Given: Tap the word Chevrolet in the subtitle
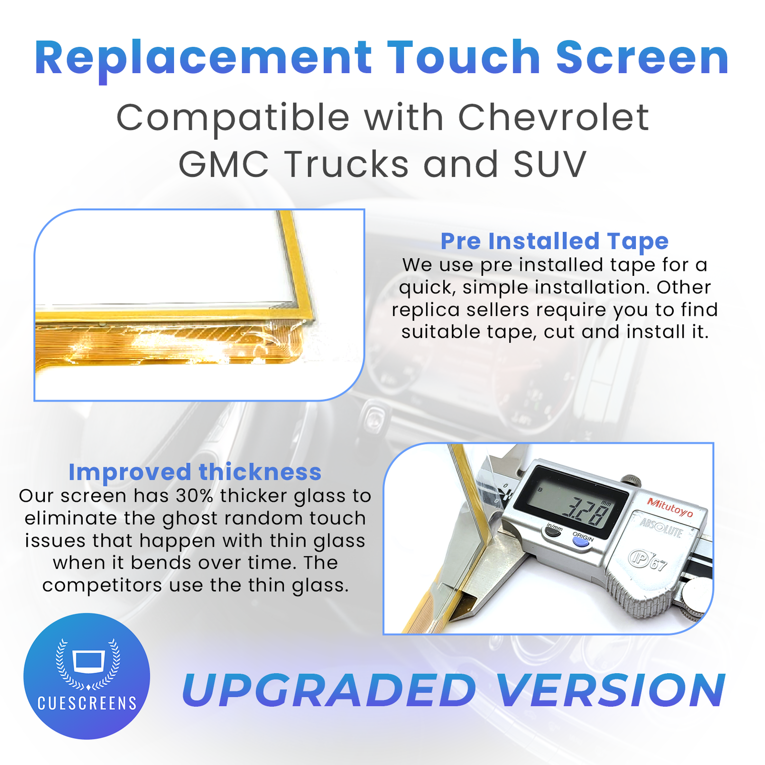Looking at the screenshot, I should tap(553, 117).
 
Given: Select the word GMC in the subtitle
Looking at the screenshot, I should tap(223, 164).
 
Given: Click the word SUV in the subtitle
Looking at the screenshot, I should tap(550, 164).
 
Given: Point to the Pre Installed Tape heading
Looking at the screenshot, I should tap(554, 241).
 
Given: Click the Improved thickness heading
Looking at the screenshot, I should tap(195, 473).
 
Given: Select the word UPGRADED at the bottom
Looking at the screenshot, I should tap(329, 690).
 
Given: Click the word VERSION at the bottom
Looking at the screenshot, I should tap(611, 690).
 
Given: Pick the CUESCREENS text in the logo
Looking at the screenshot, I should tap(87, 703).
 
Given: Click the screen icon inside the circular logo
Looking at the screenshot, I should tap(89, 661).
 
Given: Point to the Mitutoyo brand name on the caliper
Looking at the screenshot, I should tap(670, 507).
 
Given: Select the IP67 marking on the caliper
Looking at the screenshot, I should tap(648, 560).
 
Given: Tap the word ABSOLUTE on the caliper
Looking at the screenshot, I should tap(661, 527).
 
